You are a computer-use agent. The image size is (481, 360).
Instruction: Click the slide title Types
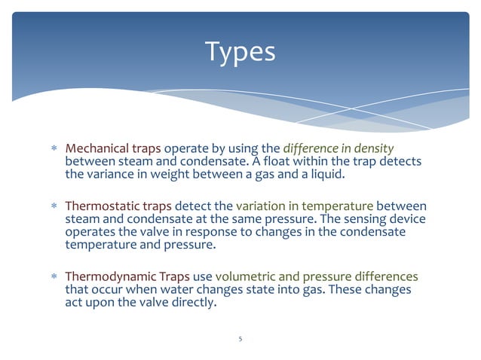coord(240,52)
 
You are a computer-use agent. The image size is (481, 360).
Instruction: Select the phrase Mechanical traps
coord(112,148)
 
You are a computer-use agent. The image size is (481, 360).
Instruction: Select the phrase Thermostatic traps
coord(119,206)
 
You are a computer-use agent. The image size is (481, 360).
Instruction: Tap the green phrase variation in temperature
coord(305,206)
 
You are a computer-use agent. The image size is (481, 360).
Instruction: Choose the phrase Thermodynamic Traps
coord(127,276)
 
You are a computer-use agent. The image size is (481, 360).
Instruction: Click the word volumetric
coord(248,276)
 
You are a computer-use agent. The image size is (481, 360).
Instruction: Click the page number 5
coord(240,339)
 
